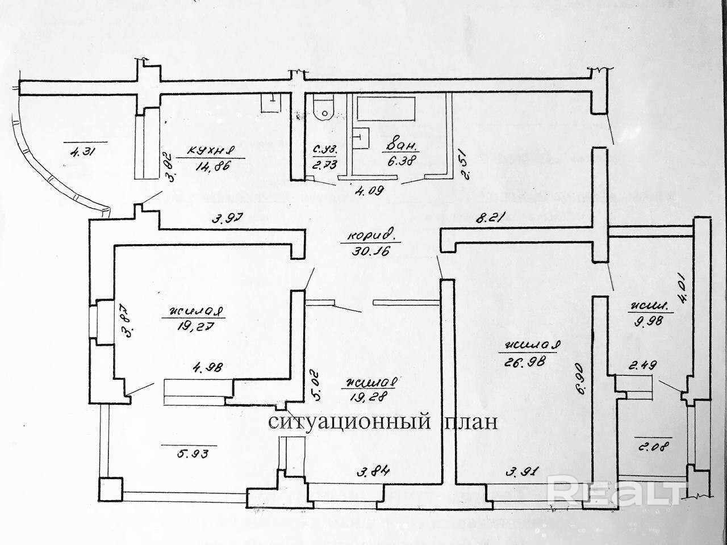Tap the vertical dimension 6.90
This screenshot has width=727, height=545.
pyautogui.click(x=578, y=381)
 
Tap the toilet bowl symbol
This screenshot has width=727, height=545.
pyautogui.click(x=324, y=108)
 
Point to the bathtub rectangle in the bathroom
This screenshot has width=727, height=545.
pyautogui.click(x=386, y=108)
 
